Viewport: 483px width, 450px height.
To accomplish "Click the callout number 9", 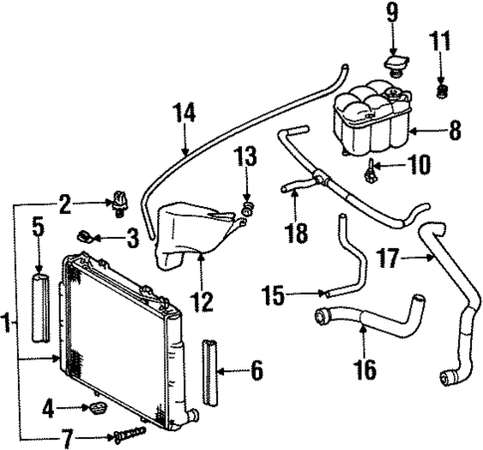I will pos(391,15).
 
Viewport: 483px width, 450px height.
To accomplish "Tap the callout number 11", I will pos(441,43).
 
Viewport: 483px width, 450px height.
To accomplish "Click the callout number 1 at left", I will pos(7,324).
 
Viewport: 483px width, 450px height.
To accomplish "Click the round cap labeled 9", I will pos(391,65).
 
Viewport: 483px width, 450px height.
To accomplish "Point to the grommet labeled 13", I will pos(248,209).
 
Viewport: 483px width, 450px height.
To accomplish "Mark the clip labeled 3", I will pos(89,237).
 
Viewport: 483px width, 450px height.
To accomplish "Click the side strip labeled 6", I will pos(209,372).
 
